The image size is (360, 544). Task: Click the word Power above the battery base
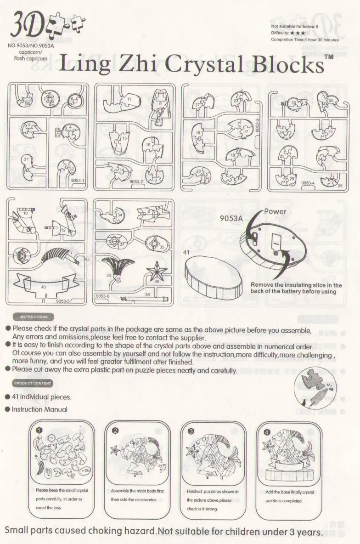point(275,212)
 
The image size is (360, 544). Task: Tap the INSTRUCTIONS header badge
point(33,317)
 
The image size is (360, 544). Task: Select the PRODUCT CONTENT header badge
point(33,383)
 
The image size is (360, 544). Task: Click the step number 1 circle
point(39,430)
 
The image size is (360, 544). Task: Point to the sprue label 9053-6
point(102,296)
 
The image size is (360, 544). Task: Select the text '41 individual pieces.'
point(41,397)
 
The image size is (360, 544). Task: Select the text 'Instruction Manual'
point(39,409)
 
